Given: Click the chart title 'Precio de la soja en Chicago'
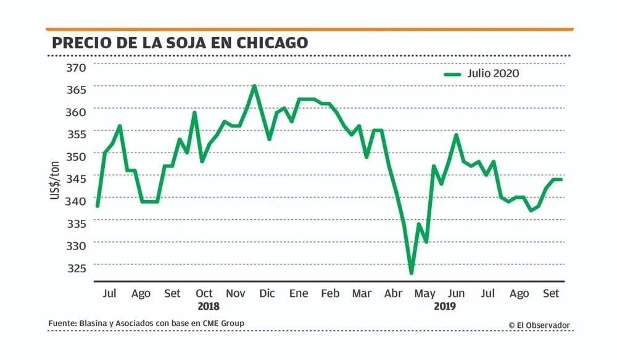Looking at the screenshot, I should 180,43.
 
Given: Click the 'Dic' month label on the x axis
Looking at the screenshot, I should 267,293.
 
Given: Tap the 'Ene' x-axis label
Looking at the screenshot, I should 299,293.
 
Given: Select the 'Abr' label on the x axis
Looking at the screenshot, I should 393,293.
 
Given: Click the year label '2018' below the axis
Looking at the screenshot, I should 209,306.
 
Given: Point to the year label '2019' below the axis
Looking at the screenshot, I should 445,306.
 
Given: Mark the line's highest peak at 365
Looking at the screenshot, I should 254,86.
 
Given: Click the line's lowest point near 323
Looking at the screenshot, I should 411,273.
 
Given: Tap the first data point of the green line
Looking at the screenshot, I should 97,206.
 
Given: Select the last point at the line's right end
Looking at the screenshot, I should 561,179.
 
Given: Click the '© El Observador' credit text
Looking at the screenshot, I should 539,325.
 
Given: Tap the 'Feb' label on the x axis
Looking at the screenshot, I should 330,293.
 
